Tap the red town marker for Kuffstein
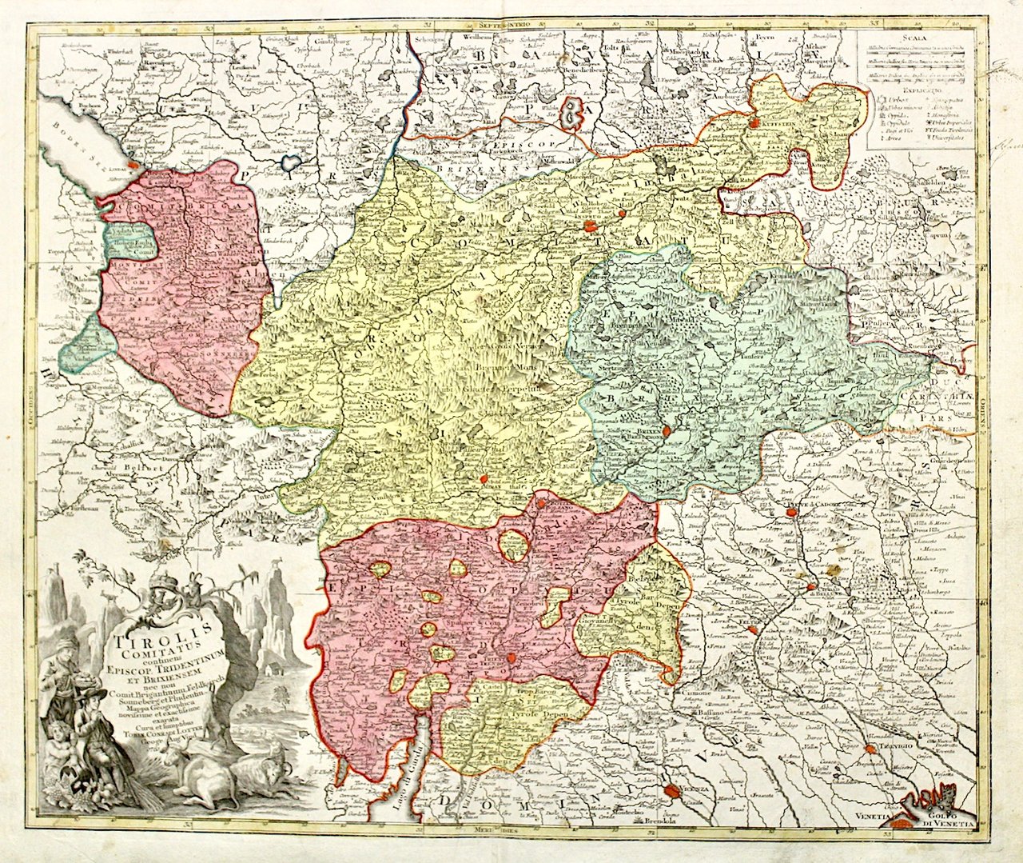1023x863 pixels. click(755, 123)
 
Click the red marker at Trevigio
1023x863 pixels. click(869, 749)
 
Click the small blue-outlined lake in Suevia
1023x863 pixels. click(289, 162)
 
